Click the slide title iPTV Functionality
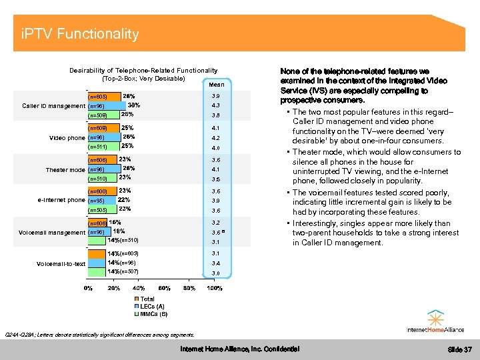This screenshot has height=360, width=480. pos(79,34)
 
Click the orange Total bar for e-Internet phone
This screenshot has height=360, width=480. pos(103,191)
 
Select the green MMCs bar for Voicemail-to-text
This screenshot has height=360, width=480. pos(97,272)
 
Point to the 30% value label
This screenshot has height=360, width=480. pos(133,105)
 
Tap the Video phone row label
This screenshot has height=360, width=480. pos(67,138)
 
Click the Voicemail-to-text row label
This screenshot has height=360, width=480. pos(61,263)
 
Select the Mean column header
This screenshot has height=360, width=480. pos(216,85)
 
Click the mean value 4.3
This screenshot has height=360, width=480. pos(215,105)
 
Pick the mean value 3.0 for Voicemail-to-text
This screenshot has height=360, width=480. pos(215,273)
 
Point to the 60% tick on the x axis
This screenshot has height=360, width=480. pos(164,288)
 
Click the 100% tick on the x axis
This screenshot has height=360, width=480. pos(215,288)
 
